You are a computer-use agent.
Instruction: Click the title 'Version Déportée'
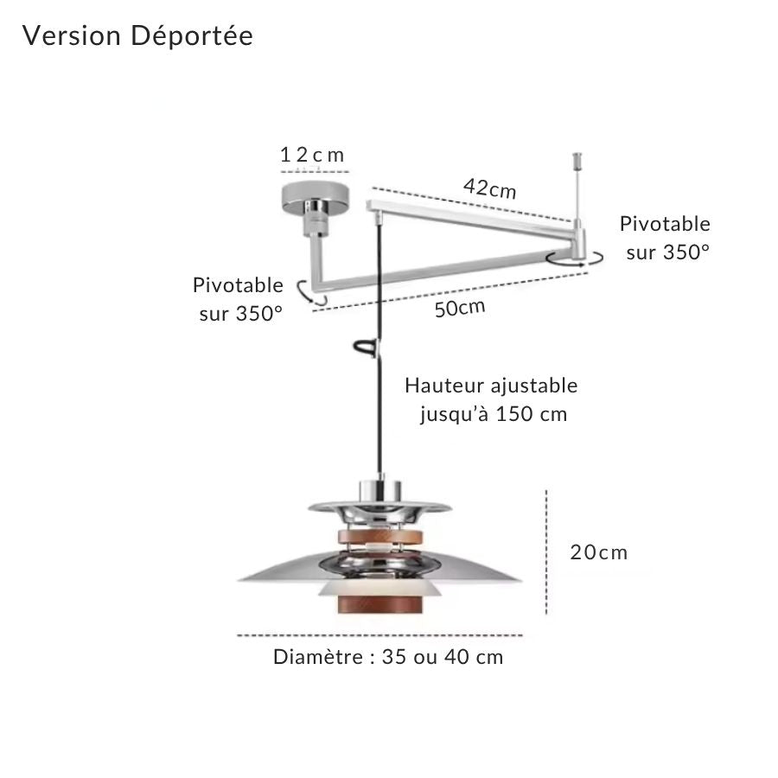pos(137,36)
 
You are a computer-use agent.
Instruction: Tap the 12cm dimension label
pos(312,155)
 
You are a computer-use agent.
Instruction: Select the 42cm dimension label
pos(490,188)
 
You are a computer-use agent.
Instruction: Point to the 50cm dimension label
pos(460,308)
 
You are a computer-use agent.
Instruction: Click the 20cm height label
pos(599,552)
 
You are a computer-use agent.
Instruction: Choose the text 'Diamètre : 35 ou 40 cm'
pos(388,657)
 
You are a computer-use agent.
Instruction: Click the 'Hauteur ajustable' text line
pos(491,386)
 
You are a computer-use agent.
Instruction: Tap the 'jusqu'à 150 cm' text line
pos(494,414)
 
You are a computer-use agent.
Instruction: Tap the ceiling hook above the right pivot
pos(577,160)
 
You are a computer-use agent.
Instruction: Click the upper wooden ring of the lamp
pos(380,536)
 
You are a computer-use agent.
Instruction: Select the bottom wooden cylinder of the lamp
pos(380,604)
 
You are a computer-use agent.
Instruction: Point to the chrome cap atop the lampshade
pos(380,490)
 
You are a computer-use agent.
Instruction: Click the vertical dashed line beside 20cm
pos(546,552)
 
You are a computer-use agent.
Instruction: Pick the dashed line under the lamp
pos(379,635)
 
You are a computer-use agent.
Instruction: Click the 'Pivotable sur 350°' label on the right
pos(665,239)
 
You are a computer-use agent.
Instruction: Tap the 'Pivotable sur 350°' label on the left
pos(239,299)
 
